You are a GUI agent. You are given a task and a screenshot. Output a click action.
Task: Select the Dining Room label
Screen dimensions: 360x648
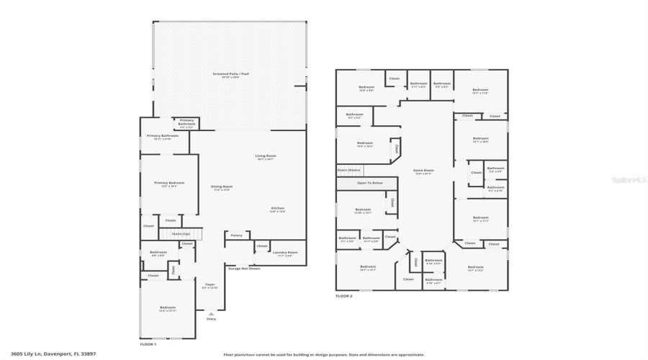(222, 188)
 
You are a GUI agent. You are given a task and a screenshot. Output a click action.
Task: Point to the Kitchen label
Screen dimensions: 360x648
(277, 210)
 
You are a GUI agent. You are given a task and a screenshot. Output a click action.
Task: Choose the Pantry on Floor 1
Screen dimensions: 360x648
(236, 235)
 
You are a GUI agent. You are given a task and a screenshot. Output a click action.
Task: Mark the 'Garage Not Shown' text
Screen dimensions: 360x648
(243, 269)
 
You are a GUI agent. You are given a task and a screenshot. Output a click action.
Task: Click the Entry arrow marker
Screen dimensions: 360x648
(211, 315)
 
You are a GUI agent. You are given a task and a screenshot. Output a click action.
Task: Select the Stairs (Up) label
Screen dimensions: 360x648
(180, 234)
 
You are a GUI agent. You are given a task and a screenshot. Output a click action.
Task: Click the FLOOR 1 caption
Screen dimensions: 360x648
(148, 345)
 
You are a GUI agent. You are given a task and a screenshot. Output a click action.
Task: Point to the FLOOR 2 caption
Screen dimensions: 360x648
(343, 296)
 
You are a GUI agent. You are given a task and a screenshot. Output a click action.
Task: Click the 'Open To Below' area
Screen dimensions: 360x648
(370, 183)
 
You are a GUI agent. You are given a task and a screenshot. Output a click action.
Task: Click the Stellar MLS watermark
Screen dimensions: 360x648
(629, 180)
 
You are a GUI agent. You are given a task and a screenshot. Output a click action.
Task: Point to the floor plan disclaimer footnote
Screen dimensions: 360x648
(323, 354)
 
